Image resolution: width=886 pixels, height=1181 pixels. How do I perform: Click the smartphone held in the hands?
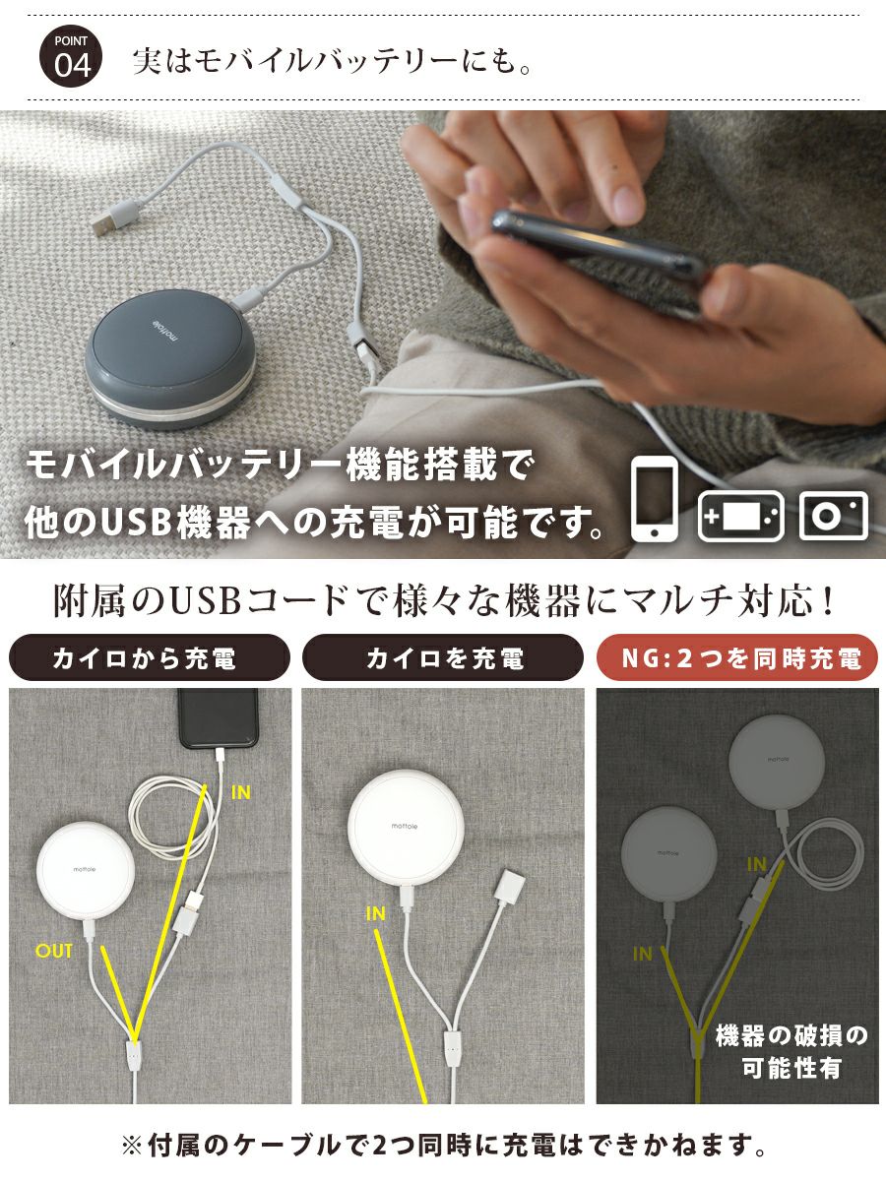(x=600, y=250)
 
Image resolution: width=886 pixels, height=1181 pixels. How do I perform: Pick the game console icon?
(x=740, y=515)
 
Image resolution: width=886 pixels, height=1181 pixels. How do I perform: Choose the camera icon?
(x=834, y=515)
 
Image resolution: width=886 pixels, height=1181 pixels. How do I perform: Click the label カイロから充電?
(x=149, y=658)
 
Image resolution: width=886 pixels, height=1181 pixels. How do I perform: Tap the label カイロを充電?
(x=443, y=658)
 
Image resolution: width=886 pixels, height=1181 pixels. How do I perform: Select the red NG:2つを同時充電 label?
(x=737, y=658)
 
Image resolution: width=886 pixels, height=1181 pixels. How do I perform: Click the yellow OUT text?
(x=54, y=951)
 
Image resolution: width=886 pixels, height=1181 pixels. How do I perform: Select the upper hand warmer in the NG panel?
(x=776, y=760)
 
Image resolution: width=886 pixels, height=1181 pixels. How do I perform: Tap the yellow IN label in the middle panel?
(x=375, y=914)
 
